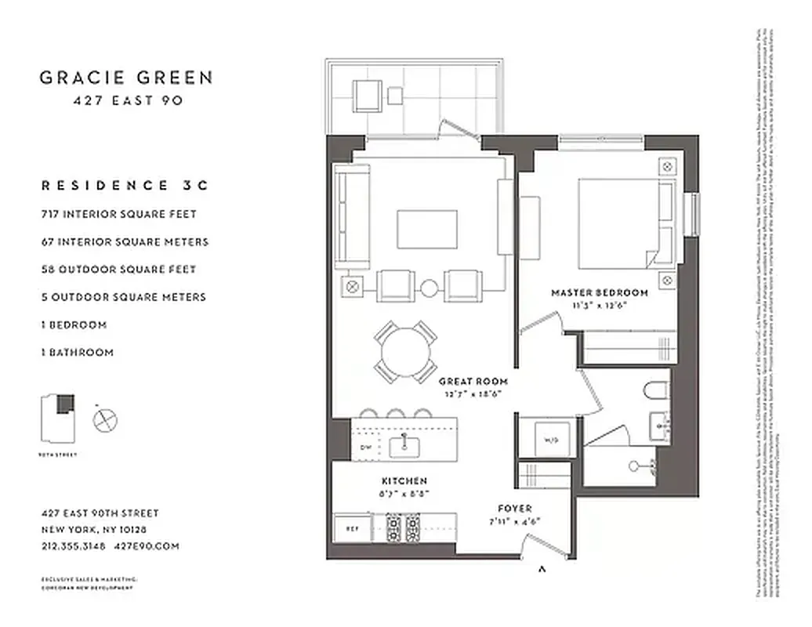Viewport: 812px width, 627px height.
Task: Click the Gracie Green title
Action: tap(126, 78)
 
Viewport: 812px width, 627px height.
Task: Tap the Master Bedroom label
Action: tap(600, 293)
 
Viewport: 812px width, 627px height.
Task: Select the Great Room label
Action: tap(473, 382)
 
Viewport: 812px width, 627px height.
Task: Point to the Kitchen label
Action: tap(404, 480)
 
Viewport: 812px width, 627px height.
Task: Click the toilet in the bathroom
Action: tap(654, 391)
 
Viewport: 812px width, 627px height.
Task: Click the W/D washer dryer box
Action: tap(546, 440)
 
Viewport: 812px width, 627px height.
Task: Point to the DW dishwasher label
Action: tap(364, 448)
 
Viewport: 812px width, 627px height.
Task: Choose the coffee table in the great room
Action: tap(427, 229)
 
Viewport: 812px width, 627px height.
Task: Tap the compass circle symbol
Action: tap(104, 421)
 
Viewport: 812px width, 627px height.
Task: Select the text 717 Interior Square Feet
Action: tap(118, 214)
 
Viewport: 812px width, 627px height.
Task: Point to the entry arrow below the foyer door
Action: tap(542, 570)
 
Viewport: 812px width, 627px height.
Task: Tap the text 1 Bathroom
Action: tap(77, 353)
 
